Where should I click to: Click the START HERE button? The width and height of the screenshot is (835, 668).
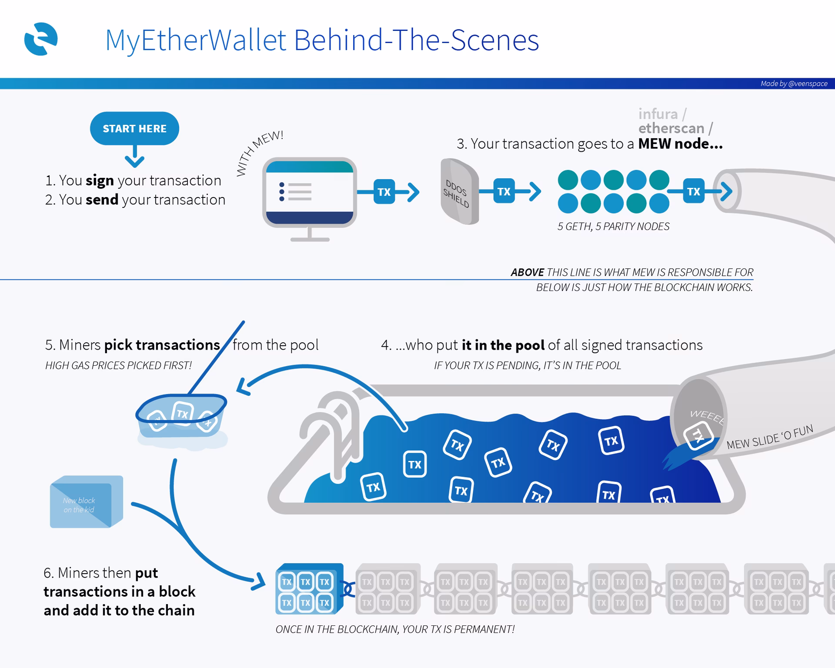(x=134, y=129)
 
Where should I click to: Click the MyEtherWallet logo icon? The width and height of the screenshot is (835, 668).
(x=41, y=39)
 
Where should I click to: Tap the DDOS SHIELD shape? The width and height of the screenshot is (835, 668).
(x=459, y=192)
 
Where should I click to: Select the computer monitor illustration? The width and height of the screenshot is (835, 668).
(x=309, y=194)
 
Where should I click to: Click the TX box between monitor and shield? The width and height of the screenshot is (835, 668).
(x=384, y=192)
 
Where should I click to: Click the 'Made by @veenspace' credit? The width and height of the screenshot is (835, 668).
(x=794, y=83)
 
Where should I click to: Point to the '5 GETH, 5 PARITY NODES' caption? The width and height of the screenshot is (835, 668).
(x=613, y=227)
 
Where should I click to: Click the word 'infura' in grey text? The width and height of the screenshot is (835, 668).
(x=658, y=114)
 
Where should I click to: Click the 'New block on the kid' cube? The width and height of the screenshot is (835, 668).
(x=86, y=502)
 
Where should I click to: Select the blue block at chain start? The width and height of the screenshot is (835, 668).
(x=308, y=589)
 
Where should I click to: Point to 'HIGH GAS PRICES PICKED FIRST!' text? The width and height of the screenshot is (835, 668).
(x=118, y=366)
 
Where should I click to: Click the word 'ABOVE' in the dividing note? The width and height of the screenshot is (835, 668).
(x=527, y=273)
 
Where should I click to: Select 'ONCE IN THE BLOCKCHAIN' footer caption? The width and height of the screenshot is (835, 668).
(x=394, y=629)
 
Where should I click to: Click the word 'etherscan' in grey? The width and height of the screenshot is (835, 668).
(x=671, y=128)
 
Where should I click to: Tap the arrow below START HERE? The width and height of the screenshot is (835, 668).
(x=134, y=157)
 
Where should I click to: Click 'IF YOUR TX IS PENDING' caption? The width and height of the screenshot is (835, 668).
(x=527, y=366)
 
